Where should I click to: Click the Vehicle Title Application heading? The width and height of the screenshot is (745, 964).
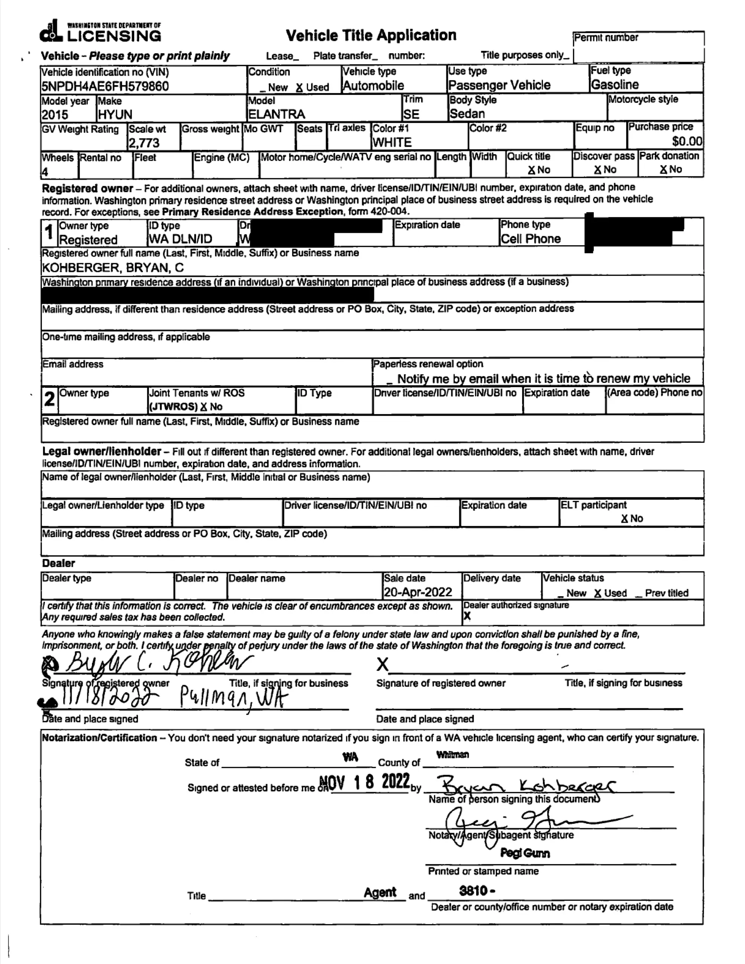click(371, 35)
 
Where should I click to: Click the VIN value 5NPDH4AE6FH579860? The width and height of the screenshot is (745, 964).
click(105, 86)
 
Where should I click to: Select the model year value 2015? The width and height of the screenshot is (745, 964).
click(55, 115)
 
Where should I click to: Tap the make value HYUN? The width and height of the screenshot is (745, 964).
click(115, 115)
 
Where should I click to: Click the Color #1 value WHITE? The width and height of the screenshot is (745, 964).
click(392, 142)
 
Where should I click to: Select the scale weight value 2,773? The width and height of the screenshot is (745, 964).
click(144, 143)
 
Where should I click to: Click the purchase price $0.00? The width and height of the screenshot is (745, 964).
click(687, 141)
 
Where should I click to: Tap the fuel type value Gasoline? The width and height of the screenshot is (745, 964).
click(615, 85)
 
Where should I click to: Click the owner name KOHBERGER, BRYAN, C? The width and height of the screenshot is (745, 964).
click(113, 268)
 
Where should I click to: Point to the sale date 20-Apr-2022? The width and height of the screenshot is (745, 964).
click(418, 592)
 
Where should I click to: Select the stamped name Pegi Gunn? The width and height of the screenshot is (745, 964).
click(525, 853)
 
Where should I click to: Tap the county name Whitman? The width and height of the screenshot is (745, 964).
click(453, 755)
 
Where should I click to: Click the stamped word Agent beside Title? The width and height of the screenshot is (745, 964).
click(380, 892)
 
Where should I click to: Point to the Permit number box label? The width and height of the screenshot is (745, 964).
click(606, 38)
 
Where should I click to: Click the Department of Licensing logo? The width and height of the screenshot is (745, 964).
click(101, 32)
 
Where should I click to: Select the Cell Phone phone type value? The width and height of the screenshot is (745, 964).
click(530, 239)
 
